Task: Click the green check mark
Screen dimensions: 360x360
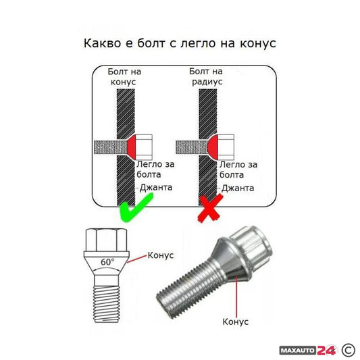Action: [135, 207]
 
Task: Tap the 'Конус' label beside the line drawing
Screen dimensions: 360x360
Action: [160, 255]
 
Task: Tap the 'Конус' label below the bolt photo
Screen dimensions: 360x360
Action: [236, 322]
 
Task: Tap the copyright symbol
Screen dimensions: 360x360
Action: [348, 349]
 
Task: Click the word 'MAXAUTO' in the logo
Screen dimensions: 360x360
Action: [297, 349]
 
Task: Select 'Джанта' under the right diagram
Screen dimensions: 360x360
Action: [238, 188]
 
